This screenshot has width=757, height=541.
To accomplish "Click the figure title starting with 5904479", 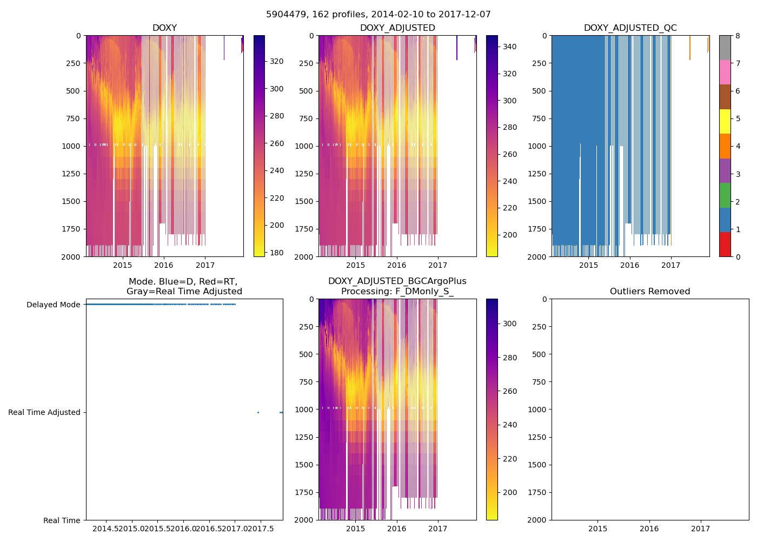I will click(x=378, y=15).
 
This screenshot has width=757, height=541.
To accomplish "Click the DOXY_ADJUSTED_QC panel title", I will click(x=630, y=28).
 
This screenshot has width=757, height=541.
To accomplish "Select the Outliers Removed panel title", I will click(x=650, y=292).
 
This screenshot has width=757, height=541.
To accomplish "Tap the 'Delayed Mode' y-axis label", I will click(x=53, y=305).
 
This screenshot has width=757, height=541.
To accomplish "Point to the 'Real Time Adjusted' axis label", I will click(x=44, y=412).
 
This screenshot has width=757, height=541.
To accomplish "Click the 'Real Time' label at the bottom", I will click(x=62, y=520).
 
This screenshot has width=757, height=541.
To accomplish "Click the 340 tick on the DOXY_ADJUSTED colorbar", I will click(x=509, y=47).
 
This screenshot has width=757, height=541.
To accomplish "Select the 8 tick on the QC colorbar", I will click(x=738, y=36).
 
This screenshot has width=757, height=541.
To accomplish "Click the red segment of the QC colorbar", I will click(x=725, y=244).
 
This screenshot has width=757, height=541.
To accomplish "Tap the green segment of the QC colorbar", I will click(x=725, y=195).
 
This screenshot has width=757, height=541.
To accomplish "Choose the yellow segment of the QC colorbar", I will click(x=725, y=121).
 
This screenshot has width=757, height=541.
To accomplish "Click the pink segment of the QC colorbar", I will click(x=725, y=72).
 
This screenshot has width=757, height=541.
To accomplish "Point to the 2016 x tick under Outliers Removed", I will click(x=649, y=529).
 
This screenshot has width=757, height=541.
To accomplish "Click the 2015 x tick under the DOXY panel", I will click(x=122, y=265).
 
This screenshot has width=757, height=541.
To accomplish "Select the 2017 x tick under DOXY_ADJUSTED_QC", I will click(x=671, y=265).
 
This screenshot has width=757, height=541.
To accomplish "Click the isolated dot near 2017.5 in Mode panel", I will click(x=258, y=412).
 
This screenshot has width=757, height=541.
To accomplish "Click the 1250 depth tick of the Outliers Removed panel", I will click(x=541, y=437).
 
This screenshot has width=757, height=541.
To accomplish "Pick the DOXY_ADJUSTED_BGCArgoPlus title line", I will click(x=397, y=281).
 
